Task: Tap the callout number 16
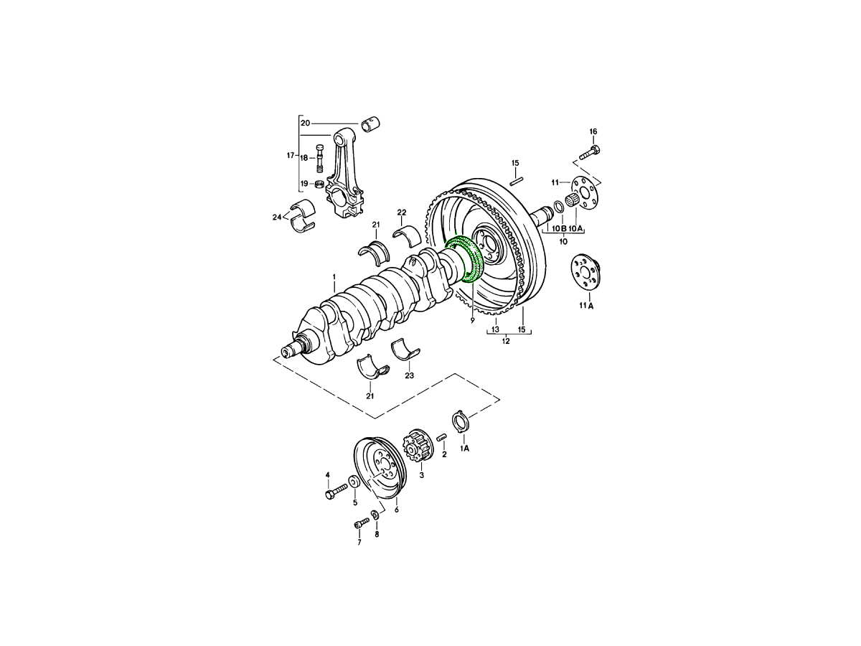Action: tap(593, 131)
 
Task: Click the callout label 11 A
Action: tap(586, 306)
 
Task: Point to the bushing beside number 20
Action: tap(370, 124)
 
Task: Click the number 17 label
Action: tap(291, 156)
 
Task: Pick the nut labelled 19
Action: tap(319, 184)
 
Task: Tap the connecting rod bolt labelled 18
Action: tap(320, 157)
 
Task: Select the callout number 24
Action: tap(277, 217)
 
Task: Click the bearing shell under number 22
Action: tap(407, 235)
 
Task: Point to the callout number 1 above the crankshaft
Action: tap(334, 277)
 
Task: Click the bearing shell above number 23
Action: tap(406, 349)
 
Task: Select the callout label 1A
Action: tap(464, 449)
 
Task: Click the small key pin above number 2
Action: tap(442, 437)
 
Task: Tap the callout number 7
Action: tap(359, 543)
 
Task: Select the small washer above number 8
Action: tap(375, 513)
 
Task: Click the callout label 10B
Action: tap(558, 228)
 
